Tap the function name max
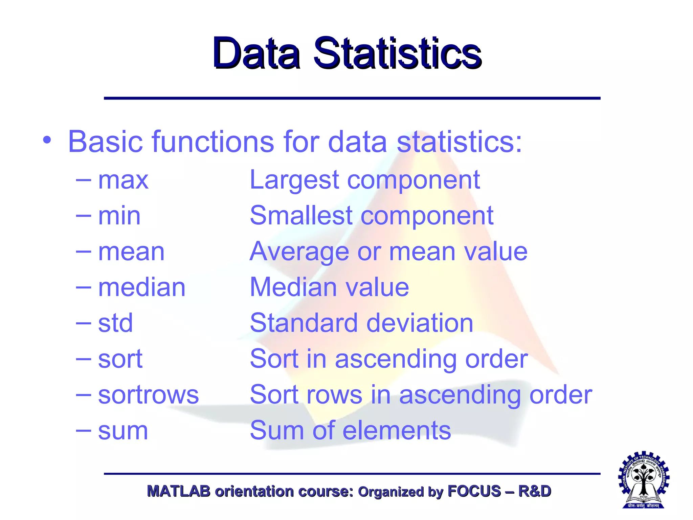(123, 180)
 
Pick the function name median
(142, 287)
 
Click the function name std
(115, 323)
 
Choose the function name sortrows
(148, 395)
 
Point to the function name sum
(123, 431)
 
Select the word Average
(299, 252)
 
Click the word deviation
(420, 323)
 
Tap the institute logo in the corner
(644, 480)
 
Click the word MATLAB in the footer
(178, 491)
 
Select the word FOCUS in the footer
(474, 491)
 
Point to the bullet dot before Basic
(47, 140)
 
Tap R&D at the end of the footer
(535, 491)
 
